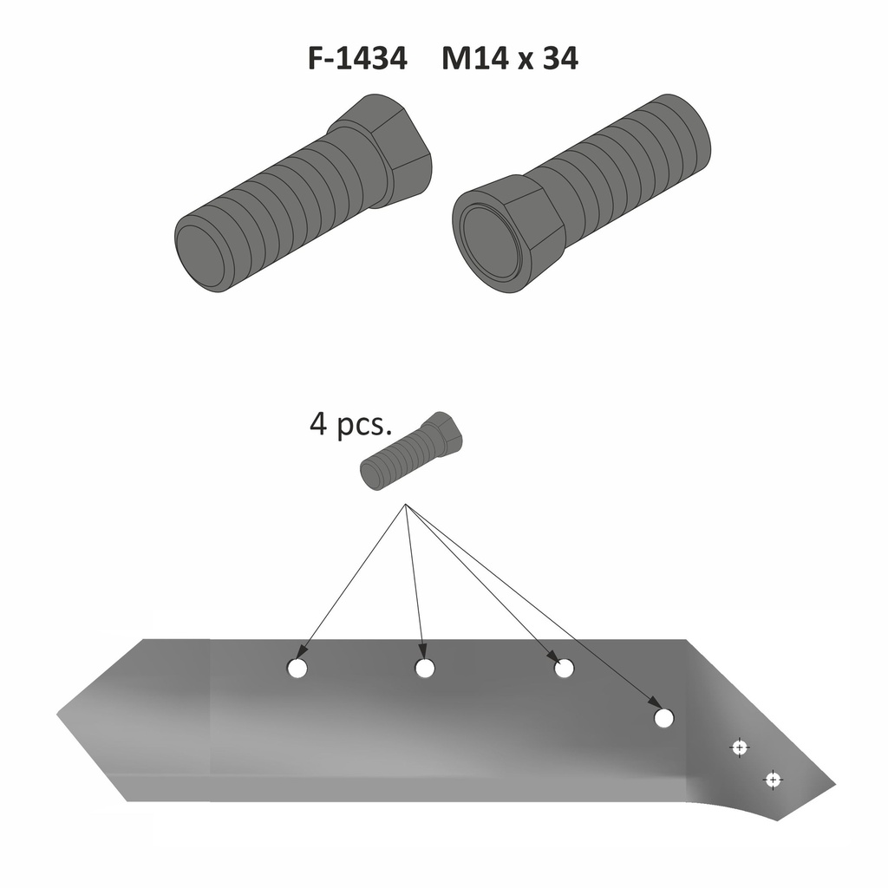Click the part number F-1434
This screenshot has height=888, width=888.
tap(357, 58)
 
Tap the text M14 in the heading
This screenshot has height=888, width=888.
tap(473, 58)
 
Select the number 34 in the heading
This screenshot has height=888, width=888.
tap(561, 58)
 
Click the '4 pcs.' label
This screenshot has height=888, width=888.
tap(350, 423)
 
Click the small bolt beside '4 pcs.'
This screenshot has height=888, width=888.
tap(412, 450)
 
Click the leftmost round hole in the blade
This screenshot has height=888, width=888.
tap(297, 669)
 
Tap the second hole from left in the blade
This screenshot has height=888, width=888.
tap(425, 669)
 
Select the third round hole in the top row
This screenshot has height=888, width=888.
tap(564, 669)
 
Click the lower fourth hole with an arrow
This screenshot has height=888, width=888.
tap(663, 718)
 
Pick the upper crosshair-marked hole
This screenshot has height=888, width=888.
tap(739, 748)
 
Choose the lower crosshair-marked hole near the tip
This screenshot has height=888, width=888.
tap(773, 780)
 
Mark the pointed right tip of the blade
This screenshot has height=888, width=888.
tap(835, 785)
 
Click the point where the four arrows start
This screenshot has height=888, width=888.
tap(406, 504)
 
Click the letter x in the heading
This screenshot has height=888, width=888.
tap(525, 62)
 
